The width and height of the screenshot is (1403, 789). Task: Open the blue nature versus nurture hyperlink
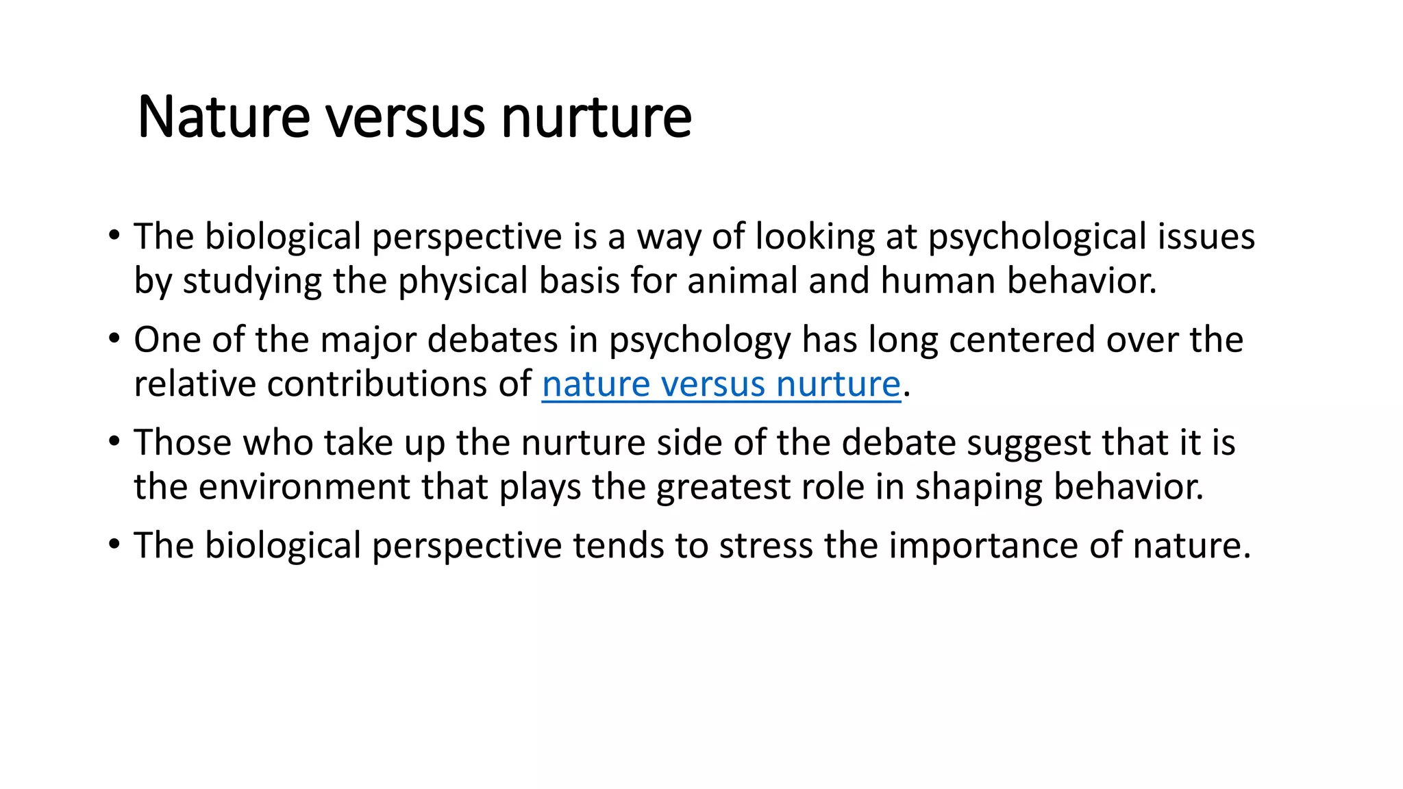[721, 384]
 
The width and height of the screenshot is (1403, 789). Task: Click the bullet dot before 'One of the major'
[114, 339]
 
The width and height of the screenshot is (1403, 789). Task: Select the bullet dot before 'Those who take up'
[114, 442]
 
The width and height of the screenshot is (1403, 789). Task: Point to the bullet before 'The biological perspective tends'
[114, 545]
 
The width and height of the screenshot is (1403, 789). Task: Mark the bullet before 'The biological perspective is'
[114, 236]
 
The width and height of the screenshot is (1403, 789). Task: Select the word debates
[493, 340]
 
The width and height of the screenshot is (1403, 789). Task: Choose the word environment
[304, 487]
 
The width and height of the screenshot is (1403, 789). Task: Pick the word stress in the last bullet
[766, 546]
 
